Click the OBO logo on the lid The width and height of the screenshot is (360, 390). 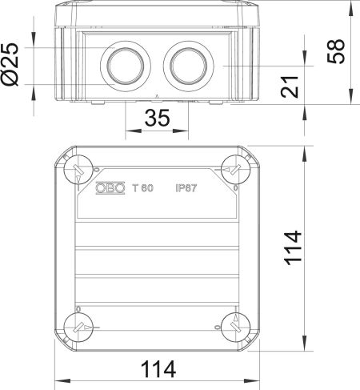(x=110, y=188)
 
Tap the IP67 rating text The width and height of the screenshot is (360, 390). (x=187, y=188)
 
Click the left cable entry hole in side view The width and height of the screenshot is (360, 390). (x=125, y=65)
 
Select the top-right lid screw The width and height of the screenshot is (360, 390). (x=233, y=169)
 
